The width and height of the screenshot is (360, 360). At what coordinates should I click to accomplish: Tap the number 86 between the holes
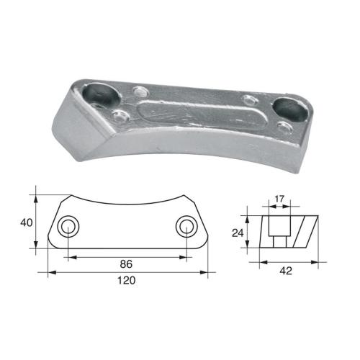(x=127, y=264)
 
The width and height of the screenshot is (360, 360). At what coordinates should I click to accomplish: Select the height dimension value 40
(x=25, y=223)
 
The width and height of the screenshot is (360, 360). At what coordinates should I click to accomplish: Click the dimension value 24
(x=238, y=232)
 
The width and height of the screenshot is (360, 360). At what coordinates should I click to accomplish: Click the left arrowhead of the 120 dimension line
(x=50, y=272)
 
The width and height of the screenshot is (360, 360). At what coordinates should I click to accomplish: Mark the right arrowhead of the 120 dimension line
(x=204, y=272)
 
